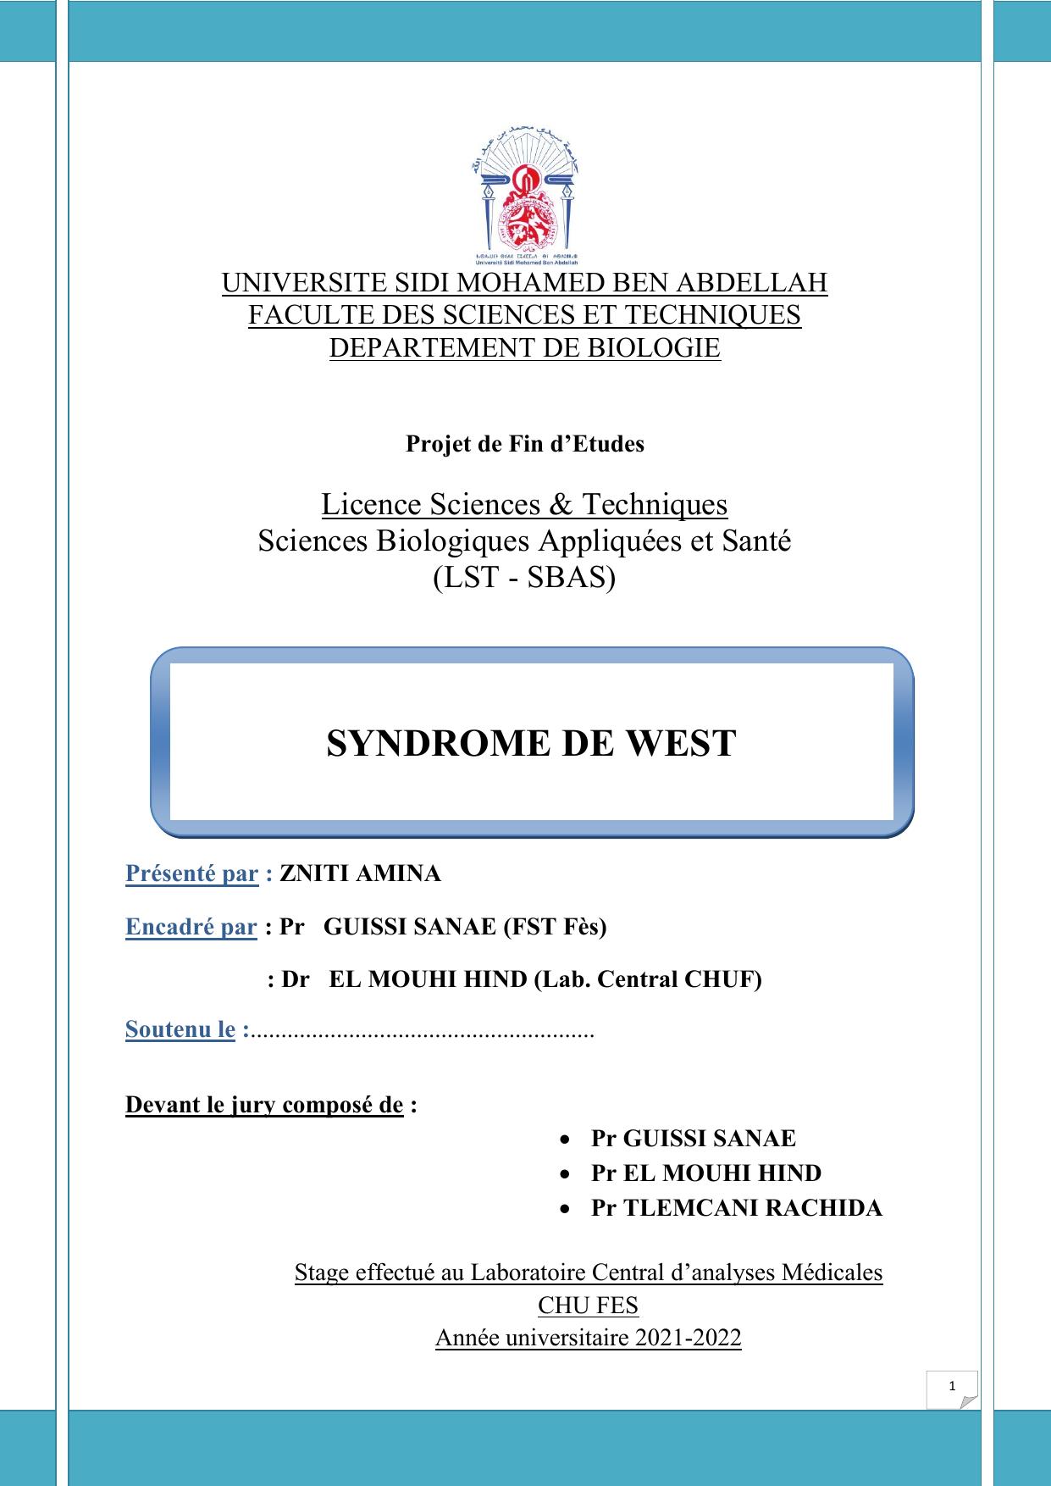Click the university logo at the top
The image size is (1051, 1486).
click(524, 196)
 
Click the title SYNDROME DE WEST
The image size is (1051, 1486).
click(531, 743)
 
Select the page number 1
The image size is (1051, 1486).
click(952, 1386)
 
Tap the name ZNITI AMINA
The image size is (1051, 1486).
click(360, 873)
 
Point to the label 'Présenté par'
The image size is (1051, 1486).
click(191, 873)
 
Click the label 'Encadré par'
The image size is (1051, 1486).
click(191, 927)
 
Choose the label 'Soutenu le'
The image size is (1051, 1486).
click(180, 1029)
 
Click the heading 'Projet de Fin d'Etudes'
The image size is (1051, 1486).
click(524, 443)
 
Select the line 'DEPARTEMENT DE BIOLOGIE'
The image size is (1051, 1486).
click(524, 347)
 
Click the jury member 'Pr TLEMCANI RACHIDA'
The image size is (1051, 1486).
click(735, 1208)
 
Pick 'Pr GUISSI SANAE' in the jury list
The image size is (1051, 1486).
click(693, 1139)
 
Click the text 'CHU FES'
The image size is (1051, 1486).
click(588, 1305)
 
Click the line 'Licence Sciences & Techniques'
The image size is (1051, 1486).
click(524, 504)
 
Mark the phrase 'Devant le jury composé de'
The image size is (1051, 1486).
click(264, 1105)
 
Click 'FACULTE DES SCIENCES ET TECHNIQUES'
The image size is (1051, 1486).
click(524, 315)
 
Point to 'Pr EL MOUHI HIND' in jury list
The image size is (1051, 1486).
click(705, 1173)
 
